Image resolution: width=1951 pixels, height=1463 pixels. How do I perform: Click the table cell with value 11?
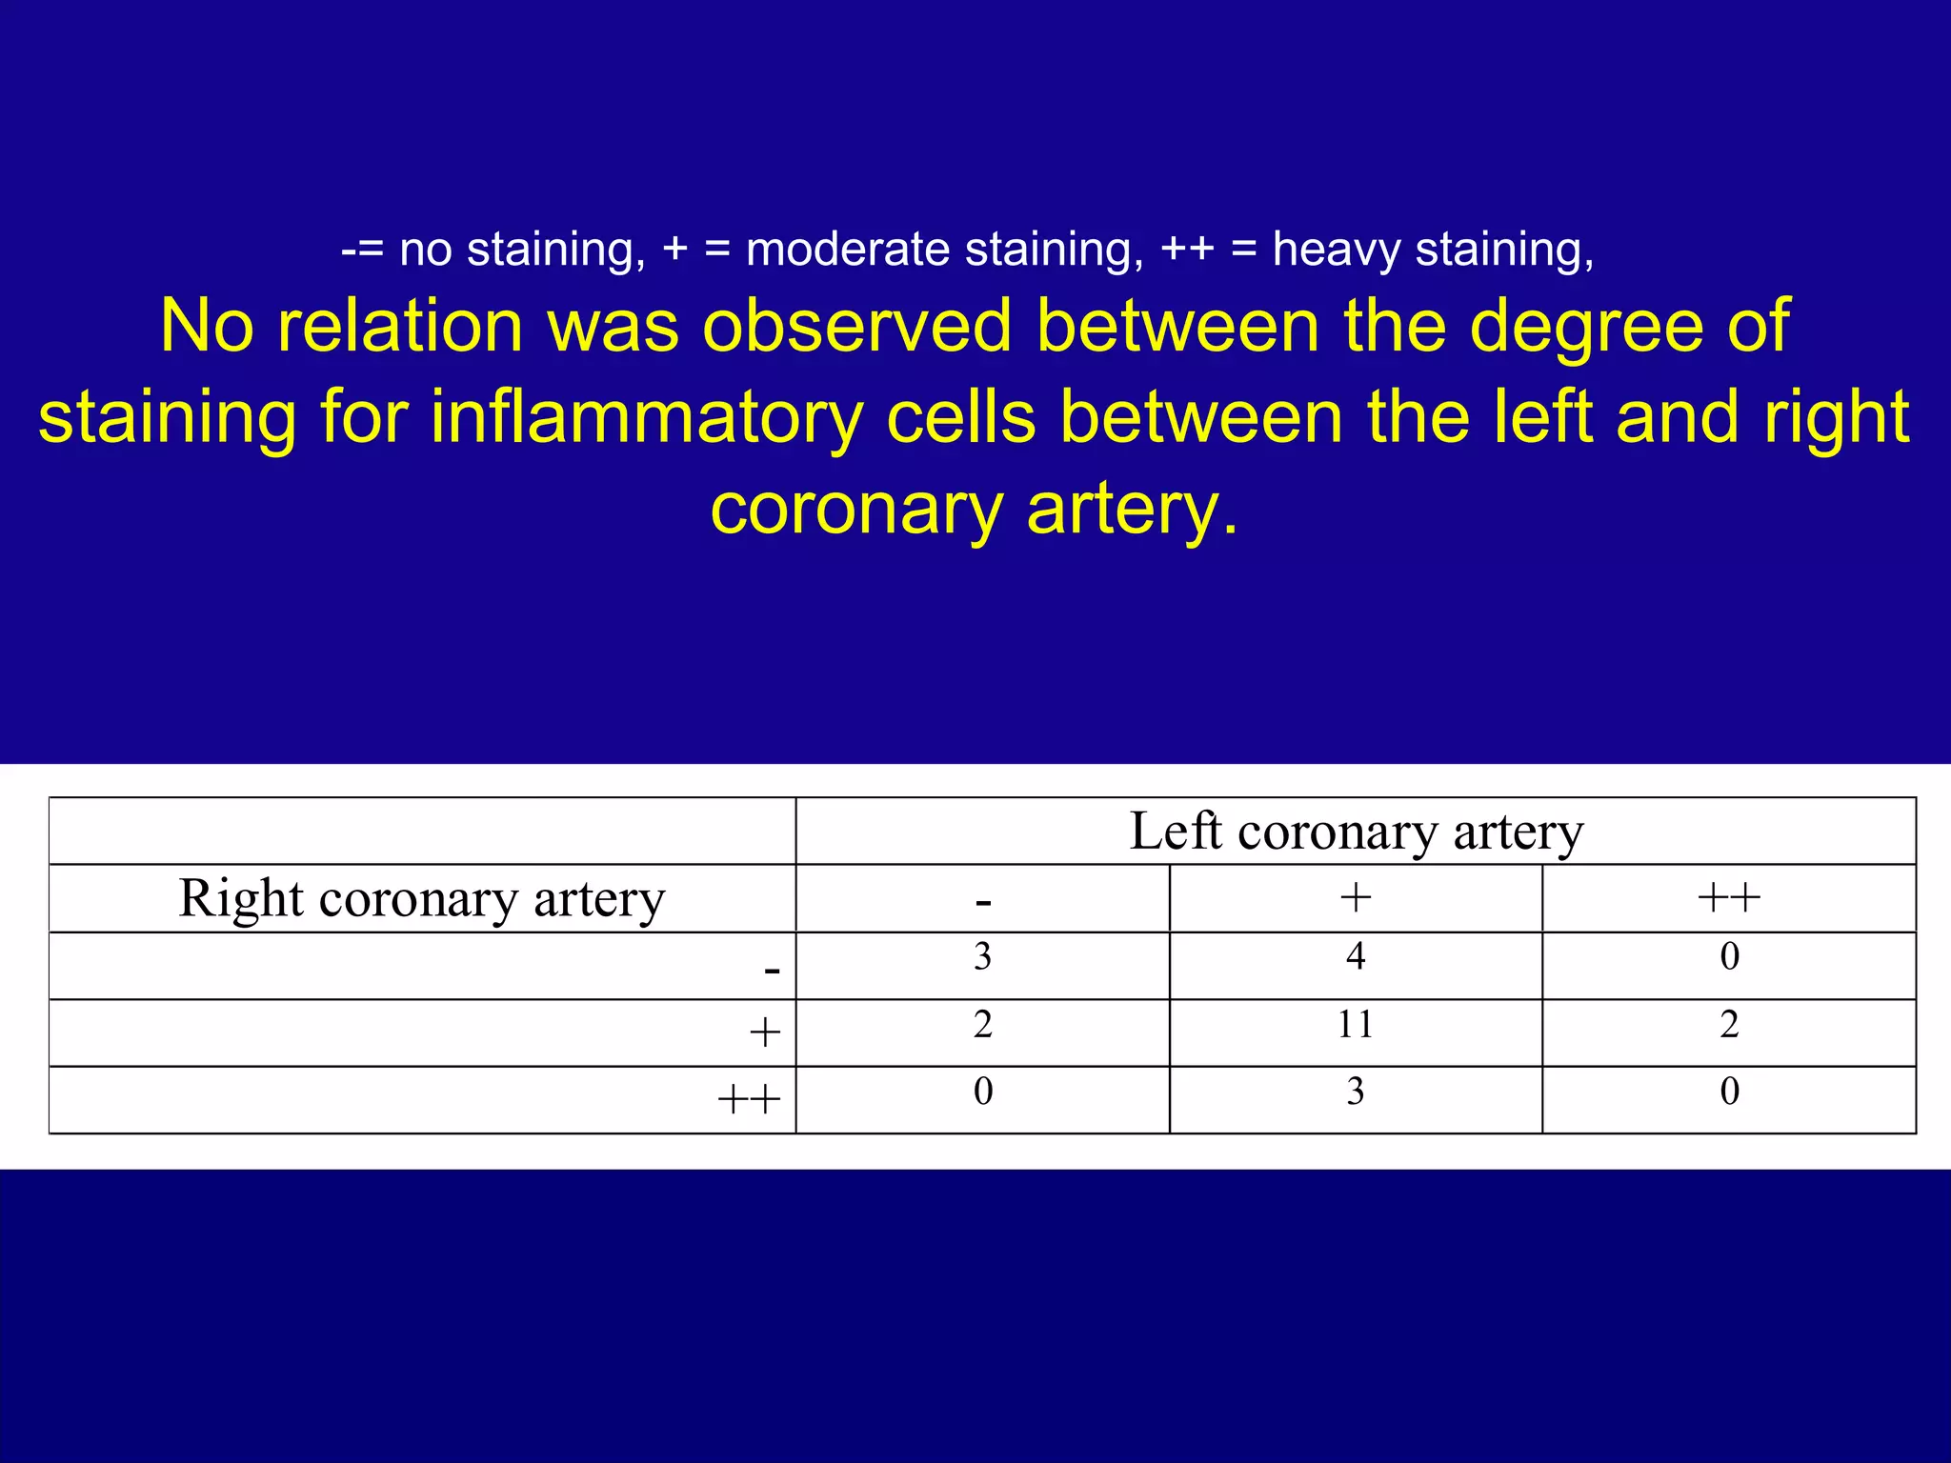click(x=1355, y=1025)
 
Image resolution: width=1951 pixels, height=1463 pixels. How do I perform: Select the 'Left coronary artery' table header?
click(x=1356, y=832)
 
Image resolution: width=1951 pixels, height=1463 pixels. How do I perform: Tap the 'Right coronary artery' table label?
click(x=421, y=898)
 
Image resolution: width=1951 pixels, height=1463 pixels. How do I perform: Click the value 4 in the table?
click(x=1355, y=956)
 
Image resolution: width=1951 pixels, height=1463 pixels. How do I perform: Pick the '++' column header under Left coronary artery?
click(x=1728, y=897)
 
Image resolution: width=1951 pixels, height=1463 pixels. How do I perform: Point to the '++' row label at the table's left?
click(x=749, y=1099)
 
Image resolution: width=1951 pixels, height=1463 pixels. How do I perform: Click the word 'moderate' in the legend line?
click(x=848, y=250)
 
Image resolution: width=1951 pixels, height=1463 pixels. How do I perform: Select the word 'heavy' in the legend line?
click(x=1337, y=250)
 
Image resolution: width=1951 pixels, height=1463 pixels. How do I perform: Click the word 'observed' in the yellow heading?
click(x=856, y=326)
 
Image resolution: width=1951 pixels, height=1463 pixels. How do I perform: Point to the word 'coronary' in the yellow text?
click(x=855, y=509)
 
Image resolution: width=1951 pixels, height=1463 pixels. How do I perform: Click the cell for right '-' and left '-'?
click(x=982, y=956)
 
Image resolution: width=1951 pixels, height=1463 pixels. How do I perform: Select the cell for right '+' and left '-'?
click(x=982, y=1025)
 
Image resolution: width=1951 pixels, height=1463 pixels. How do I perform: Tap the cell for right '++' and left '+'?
click(x=1355, y=1092)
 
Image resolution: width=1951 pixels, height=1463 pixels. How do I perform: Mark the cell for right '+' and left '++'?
click(x=1728, y=1025)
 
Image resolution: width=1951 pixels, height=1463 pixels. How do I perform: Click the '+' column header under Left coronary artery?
click(x=1355, y=897)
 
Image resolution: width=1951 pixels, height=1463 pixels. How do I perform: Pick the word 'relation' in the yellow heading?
click(x=400, y=326)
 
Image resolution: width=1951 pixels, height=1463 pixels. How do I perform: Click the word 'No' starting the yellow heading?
click(x=206, y=326)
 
